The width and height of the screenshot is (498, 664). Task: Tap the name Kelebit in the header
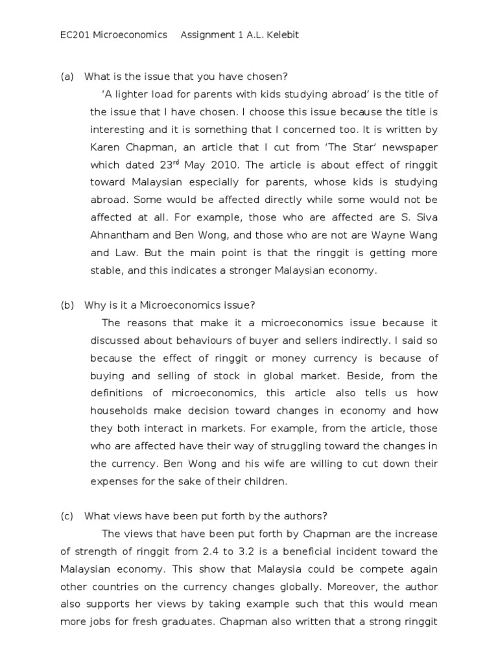280,34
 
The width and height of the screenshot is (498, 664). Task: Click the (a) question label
67,77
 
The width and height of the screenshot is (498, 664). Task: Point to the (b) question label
67,305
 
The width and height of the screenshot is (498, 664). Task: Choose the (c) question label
67,516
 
